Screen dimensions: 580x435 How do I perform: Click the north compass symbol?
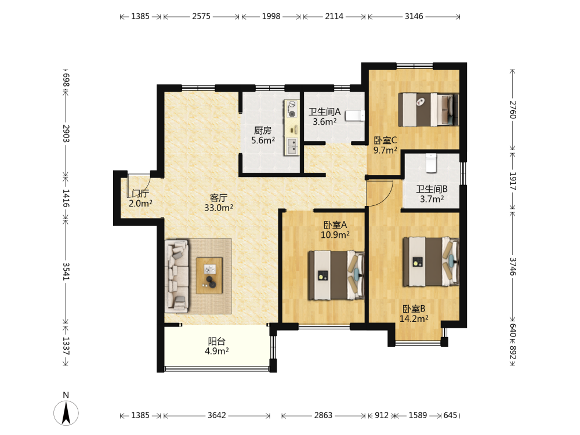(66, 412)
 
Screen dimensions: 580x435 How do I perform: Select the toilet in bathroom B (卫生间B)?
(432, 163)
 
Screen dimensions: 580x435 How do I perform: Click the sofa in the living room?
(176, 276)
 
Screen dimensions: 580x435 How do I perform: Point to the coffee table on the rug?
(209, 275)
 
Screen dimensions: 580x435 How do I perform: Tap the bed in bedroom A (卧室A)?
(336, 275)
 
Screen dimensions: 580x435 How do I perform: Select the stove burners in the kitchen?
(292, 110)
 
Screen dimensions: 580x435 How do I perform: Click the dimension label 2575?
(201, 16)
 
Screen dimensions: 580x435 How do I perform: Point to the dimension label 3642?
(217, 415)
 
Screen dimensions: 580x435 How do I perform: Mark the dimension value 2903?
(66, 133)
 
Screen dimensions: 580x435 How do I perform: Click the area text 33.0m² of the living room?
(219, 208)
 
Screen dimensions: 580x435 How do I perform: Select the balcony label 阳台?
(217, 341)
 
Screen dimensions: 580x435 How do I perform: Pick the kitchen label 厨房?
(263, 130)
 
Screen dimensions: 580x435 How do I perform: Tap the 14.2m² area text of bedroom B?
(414, 318)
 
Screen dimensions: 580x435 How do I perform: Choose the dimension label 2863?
(323, 415)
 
